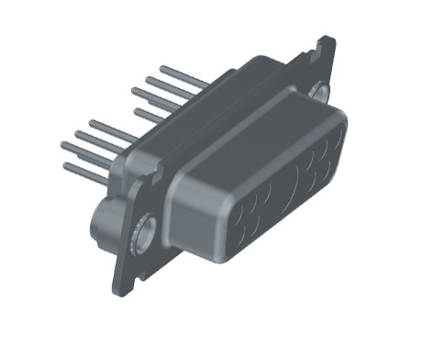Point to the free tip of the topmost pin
pos(162,68)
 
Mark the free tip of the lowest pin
pos(65,165)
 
